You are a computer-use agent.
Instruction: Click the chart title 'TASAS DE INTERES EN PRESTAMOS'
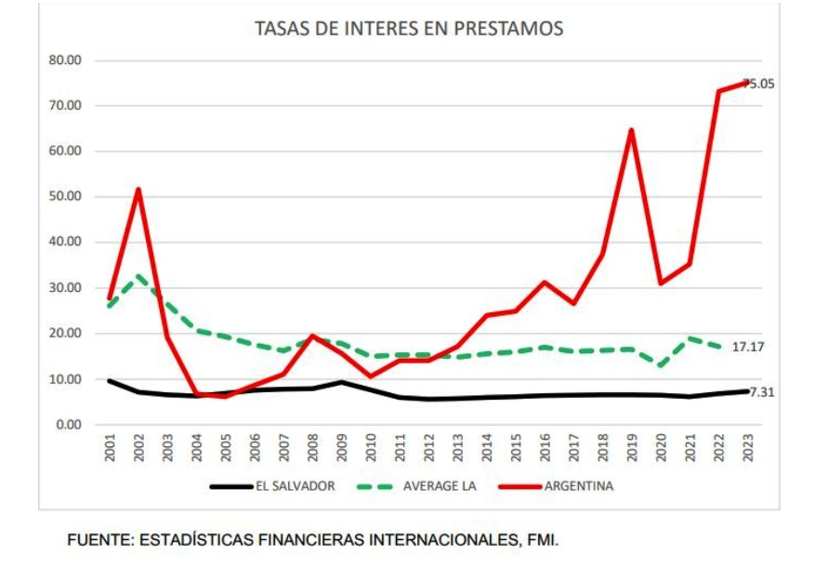[x=408, y=29]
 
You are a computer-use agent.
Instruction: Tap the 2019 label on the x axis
[x=631, y=450]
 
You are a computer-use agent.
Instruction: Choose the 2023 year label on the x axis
[x=749, y=450]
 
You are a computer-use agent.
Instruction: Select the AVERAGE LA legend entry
[x=437, y=485]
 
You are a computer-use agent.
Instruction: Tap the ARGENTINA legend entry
[x=578, y=485]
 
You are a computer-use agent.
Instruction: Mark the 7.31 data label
[x=761, y=392]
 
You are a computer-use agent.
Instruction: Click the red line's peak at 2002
[x=138, y=190]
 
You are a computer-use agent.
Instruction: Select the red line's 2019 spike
[x=631, y=130]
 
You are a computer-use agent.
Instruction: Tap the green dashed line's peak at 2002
[x=138, y=276]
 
